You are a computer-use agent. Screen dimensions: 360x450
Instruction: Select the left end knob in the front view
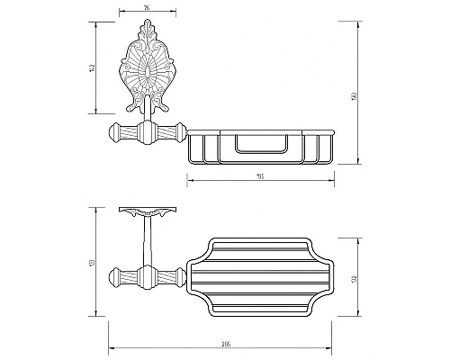click(116, 135)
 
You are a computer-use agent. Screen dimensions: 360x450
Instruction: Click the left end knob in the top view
click(116, 274)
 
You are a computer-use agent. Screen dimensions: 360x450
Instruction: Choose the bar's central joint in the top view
click(148, 274)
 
